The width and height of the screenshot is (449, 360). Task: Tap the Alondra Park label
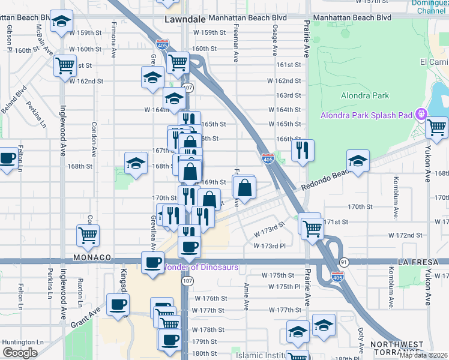[365, 95]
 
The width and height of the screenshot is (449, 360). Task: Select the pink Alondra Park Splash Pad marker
[421, 113]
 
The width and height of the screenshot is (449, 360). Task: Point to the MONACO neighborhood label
[92, 257]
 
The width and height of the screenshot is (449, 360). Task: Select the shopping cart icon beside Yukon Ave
[436, 127]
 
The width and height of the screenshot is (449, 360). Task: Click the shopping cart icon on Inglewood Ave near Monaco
[88, 235]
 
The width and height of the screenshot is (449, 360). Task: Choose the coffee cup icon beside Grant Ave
[117, 304]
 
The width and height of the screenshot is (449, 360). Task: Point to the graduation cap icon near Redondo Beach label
[358, 160]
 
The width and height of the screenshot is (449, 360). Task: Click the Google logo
[19, 353]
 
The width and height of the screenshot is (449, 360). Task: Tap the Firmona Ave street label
[113, 40]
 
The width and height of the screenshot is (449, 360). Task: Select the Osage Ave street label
[275, 41]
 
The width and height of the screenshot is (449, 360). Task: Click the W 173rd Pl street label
[273, 246]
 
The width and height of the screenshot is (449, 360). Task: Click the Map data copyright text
[423, 355]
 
